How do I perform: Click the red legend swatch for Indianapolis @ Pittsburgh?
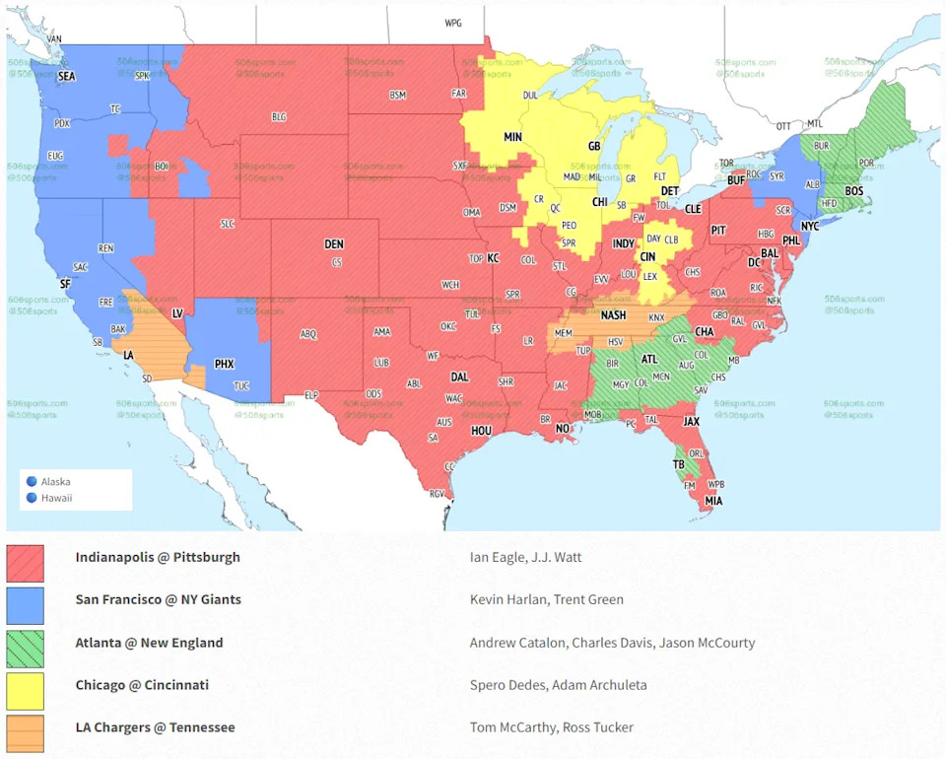point(25,563)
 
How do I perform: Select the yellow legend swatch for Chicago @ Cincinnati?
point(25,691)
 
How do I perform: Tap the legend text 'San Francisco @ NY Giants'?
point(158,599)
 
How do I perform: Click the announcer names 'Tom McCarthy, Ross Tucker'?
point(552,727)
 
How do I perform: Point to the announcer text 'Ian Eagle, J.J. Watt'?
point(525,557)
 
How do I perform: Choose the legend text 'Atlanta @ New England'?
point(149,643)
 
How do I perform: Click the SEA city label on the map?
point(67,76)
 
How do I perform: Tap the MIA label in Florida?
point(713,501)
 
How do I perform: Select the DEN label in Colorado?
point(335,244)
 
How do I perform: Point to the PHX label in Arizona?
point(225,364)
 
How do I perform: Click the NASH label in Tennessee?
point(614,315)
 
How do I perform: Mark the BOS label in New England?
point(854,190)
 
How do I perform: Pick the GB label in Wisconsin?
point(594,146)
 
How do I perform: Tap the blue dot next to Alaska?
point(32,482)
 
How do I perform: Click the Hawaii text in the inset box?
point(56,498)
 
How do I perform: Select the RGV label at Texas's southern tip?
point(437,494)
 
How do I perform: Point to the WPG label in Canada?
point(453,23)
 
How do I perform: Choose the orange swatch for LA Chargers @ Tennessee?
point(25,733)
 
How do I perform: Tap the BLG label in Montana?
point(279,116)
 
